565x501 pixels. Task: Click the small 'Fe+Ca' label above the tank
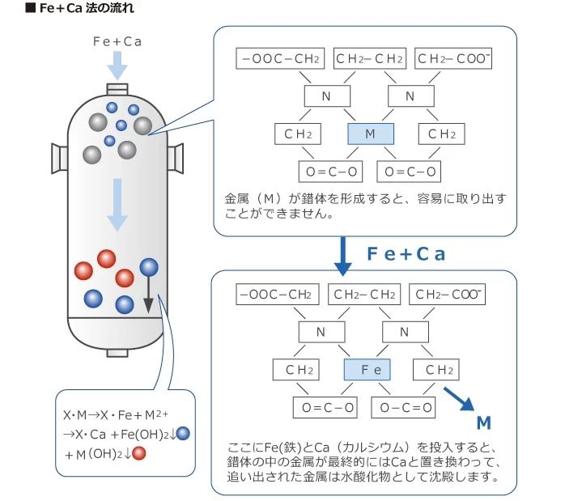[117, 41]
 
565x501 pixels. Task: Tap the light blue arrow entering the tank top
[117, 65]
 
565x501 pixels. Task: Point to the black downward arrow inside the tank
[149, 296]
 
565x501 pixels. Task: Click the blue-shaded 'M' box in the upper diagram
[370, 134]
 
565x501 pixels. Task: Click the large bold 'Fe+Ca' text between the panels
[406, 254]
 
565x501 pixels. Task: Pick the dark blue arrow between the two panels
[344, 254]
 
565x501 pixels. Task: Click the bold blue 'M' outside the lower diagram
[484, 422]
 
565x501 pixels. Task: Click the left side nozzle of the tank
[59, 158]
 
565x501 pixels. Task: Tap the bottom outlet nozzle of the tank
[118, 351]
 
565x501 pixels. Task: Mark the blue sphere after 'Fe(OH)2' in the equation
[183, 433]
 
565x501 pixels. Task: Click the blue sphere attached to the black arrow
[149, 267]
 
